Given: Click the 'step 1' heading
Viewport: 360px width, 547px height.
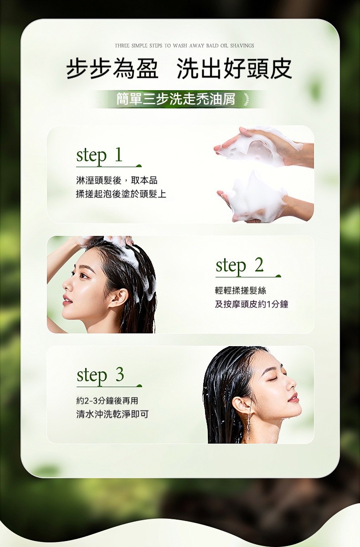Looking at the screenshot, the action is point(99,156).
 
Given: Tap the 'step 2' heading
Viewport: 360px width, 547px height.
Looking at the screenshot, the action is point(240,266).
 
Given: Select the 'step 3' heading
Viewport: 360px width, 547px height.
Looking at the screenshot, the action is point(100,375).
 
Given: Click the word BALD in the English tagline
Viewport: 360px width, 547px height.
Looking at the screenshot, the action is point(212,46).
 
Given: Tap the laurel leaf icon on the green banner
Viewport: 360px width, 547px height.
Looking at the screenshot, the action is point(247,99).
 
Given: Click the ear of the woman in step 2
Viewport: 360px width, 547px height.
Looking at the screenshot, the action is point(119,298).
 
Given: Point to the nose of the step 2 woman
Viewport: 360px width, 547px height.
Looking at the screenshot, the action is point(66,286).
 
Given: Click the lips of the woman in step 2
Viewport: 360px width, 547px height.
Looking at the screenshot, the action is point(67,300).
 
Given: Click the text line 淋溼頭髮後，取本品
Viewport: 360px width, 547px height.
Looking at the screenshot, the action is point(117,180).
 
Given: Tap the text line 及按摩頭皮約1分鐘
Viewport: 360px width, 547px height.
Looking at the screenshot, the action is point(252,304).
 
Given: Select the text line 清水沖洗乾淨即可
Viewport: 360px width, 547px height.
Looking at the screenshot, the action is point(113,414).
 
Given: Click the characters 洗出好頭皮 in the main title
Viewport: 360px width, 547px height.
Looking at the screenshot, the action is point(234,69).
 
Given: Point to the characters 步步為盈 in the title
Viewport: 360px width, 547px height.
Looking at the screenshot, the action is point(113,69).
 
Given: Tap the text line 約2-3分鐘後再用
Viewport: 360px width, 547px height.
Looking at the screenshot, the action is point(107,400).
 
